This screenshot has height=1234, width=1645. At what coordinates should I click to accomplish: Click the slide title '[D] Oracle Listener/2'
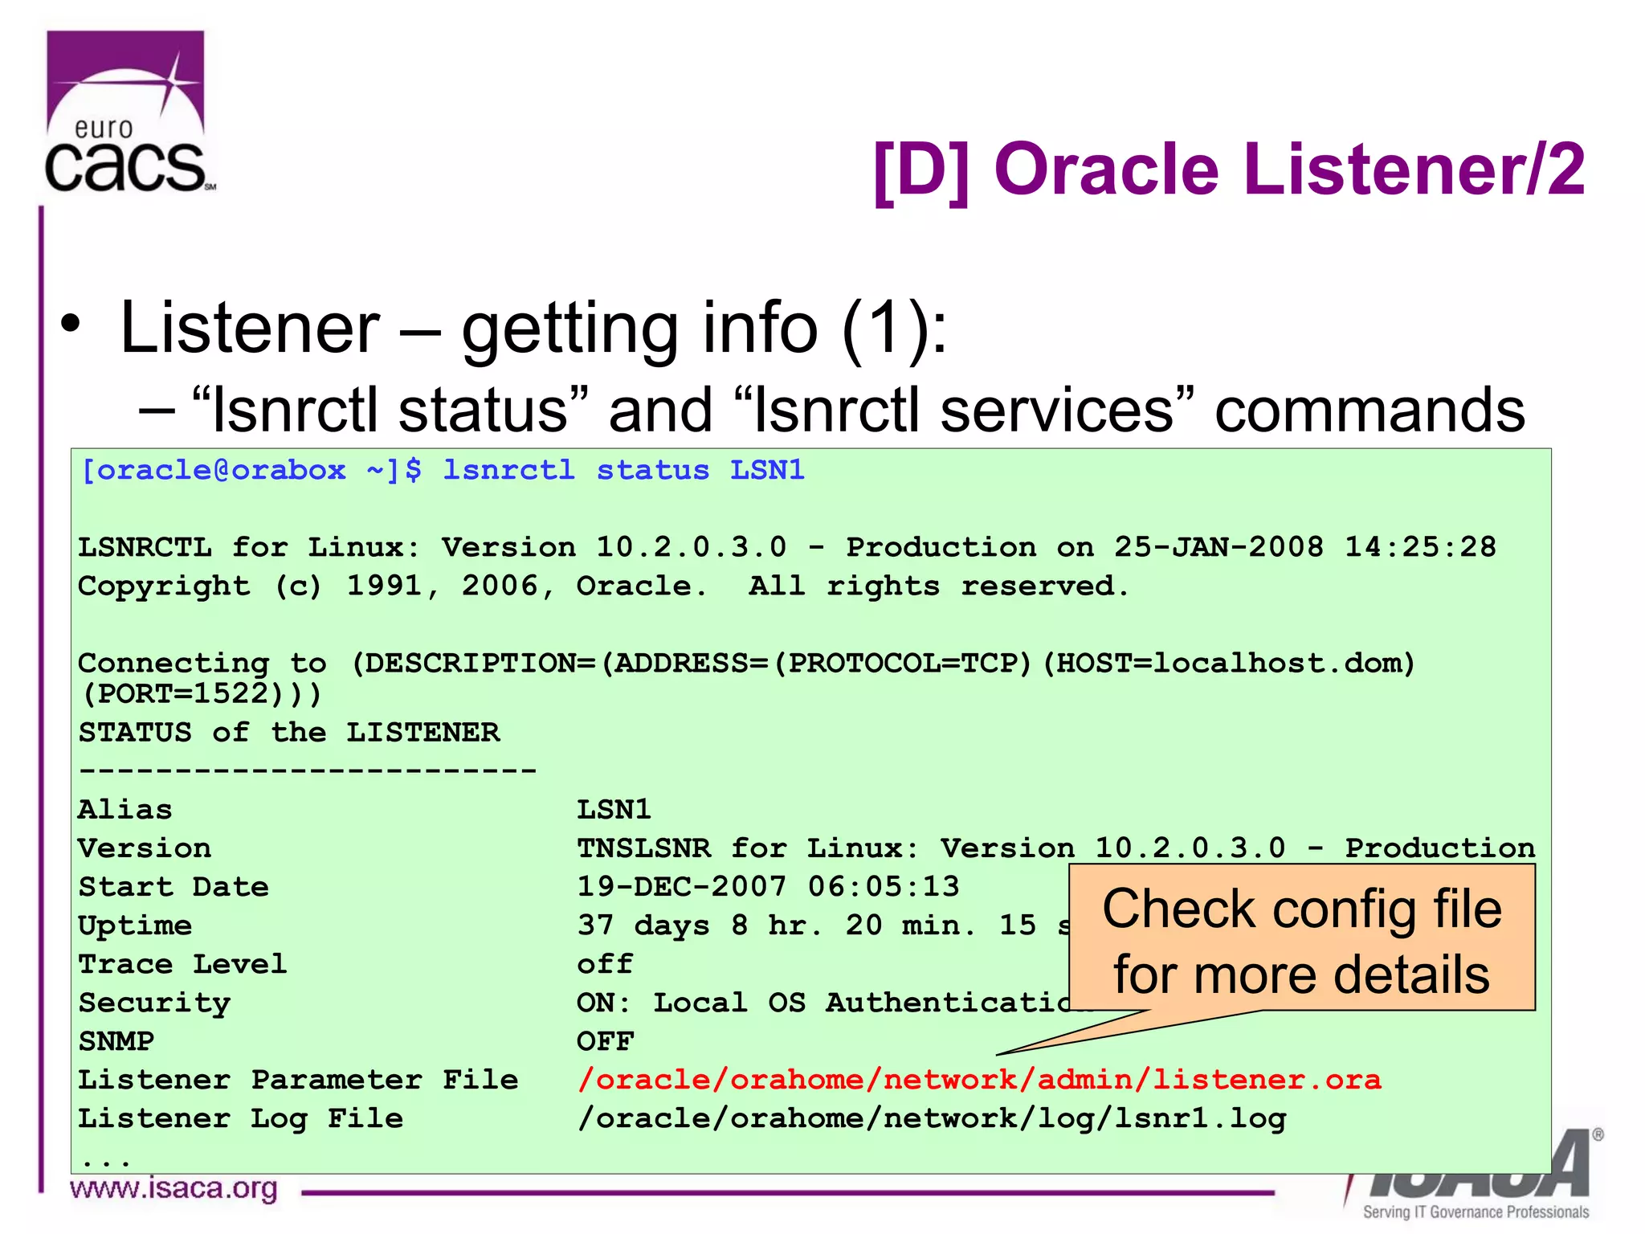coord(1229,170)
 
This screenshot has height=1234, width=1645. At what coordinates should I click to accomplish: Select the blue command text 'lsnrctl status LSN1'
coord(623,470)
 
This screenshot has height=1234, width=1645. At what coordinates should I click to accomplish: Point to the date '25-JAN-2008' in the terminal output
coord(1218,547)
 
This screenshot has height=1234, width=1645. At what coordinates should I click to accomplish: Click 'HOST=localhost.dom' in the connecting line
coord(1234,664)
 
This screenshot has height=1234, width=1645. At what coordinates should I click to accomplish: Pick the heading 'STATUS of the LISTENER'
coord(288,733)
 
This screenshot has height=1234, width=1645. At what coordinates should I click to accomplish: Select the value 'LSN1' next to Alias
coord(614,810)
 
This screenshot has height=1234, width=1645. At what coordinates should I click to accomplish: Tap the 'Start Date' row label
coord(173,887)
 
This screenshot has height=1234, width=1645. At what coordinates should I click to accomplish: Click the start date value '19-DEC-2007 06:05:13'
coord(768,887)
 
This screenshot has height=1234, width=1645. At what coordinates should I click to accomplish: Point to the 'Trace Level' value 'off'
coord(605,964)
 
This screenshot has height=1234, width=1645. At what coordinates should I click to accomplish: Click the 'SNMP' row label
coord(116,1042)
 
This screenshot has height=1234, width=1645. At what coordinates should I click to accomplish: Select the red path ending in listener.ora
coord(979,1080)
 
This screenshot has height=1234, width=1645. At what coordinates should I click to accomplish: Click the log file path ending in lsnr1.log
coord(932,1119)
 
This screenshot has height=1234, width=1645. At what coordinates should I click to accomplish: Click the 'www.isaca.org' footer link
coord(173,1188)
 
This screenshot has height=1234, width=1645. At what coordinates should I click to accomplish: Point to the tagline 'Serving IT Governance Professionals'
coord(1476,1212)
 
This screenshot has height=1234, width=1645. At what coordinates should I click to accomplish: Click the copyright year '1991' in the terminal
coord(385,586)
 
